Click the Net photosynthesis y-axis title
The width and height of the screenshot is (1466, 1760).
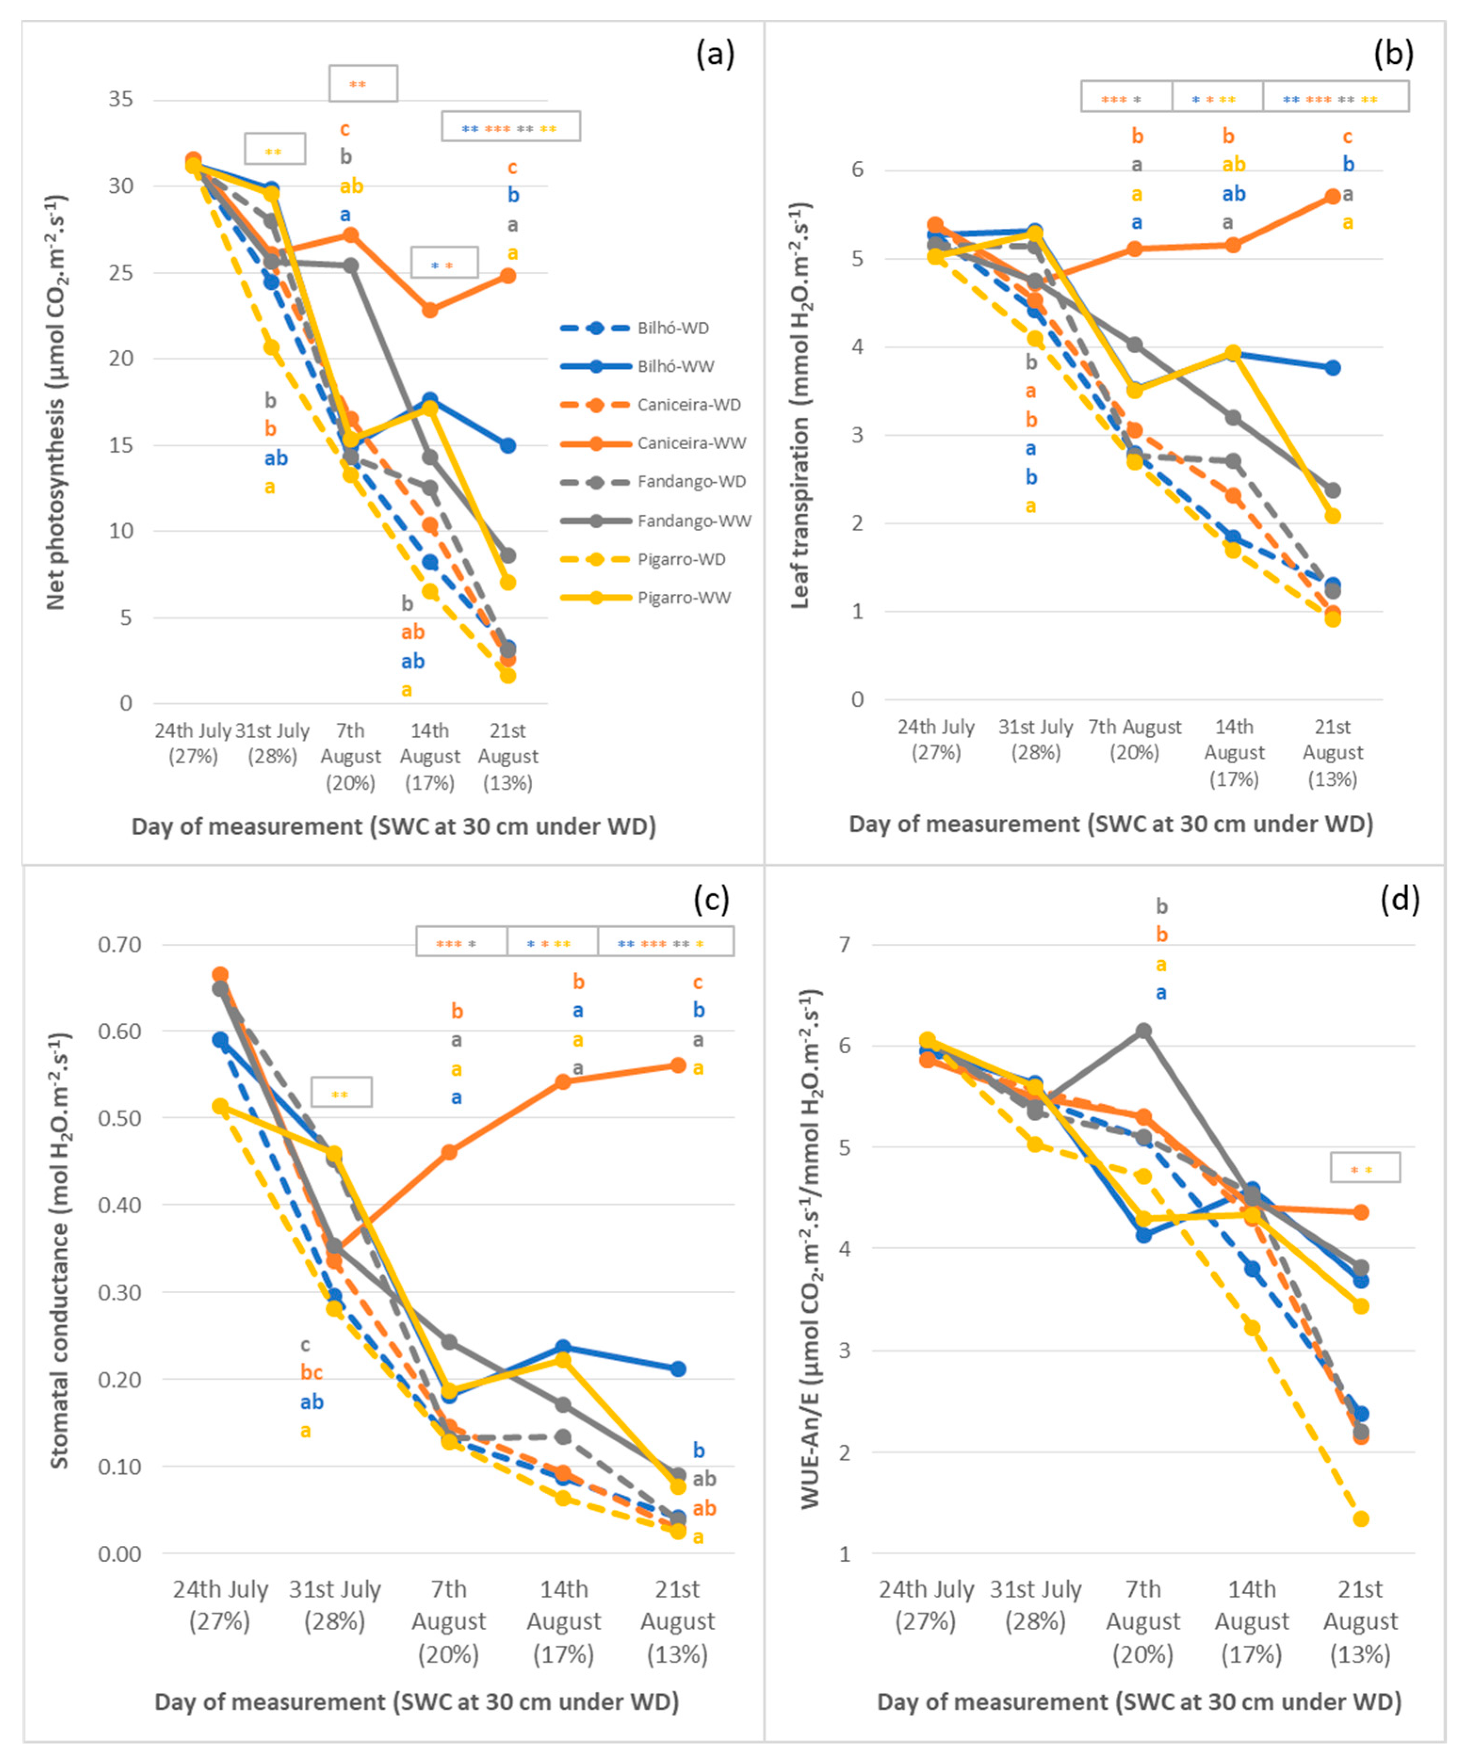pyautogui.click(x=56, y=402)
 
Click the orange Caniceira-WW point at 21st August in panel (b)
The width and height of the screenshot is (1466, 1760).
pyautogui.click(x=1333, y=196)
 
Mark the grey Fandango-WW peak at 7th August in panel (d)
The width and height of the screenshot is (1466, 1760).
pyautogui.click(x=1143, y=1031)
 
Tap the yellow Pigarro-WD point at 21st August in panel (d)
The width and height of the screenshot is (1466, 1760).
pyautogui.click(x=1361, y=1518)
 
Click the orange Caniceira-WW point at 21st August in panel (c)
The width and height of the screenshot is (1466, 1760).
pyautogui.click(x=678, y=1065)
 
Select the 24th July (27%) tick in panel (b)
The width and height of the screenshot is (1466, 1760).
pyautogui.click(x=936, y=739)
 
